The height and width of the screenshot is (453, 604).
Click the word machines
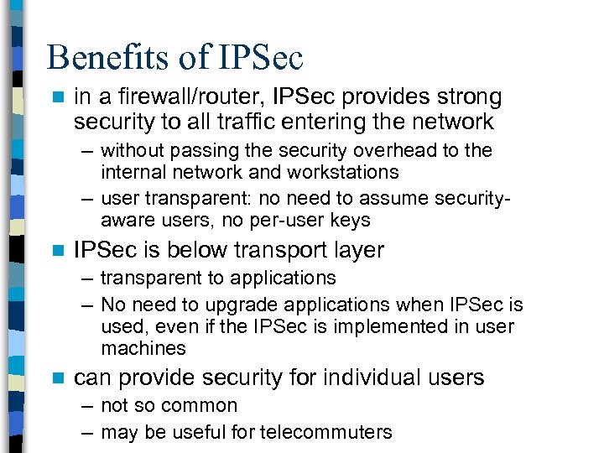pos(143,348)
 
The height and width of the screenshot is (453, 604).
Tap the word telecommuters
pos(325,432)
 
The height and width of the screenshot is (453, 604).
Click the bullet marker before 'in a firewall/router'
pos(57,98)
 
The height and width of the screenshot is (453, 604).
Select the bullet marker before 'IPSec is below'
pos(57,251)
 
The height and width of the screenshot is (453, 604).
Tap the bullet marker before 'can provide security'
pos(57,378)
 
